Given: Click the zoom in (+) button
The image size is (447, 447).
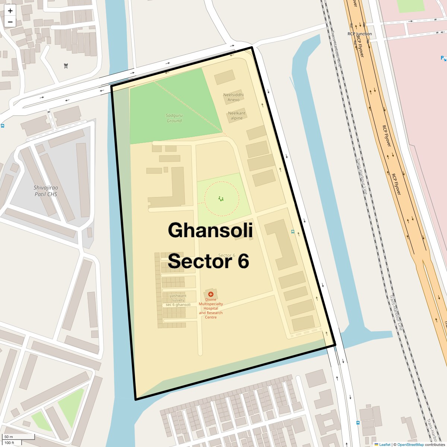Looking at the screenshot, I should pyautogui.click(x=10, y=11).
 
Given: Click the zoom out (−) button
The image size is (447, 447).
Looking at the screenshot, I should pyautogui.click(x=10, y=22).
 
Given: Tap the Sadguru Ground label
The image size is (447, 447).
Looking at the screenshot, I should pyautogui.click(x=174, y=118).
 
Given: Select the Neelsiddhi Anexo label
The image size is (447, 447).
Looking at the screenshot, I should pyautogui.click(x=234, y=97).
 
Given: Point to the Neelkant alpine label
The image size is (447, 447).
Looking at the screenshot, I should pyautogui.click(x=237, y=115).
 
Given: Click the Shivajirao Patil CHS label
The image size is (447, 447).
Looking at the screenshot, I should pyautogui.click(x=46, y=191).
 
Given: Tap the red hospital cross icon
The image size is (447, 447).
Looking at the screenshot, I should pyautogui.click(x=210, y=294).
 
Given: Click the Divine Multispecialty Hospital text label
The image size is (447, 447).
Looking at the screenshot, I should pyautogui.click(x=211, y=308).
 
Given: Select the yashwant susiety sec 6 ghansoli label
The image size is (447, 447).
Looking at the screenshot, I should pyautogui.click(x=178, y=300).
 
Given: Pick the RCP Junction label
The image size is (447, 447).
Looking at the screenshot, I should pyautogui.click(x=359, y=34).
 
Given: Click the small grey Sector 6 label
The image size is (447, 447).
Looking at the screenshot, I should pyautogui.click(x=226, y=255).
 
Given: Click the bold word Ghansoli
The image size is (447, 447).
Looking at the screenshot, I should pyautogui.click(x=210, y=230).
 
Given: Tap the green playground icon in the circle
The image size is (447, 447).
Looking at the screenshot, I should pyautogui.click(x=221, y=199).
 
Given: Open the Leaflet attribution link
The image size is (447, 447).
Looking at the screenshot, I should pyautogui.click(x=385, y=444).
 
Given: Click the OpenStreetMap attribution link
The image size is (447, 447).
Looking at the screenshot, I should pyautogui.click(x=410, y=444).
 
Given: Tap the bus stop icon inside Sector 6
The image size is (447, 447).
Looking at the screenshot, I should pyautogui.click(x=293, y=232).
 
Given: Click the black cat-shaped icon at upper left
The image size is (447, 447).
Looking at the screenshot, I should pyautogui.click(x=66, y=66).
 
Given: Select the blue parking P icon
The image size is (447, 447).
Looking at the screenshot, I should pyautogui.click(x=443, y=58).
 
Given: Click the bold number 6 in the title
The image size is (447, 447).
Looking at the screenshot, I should pyautogui.click(x=243, y=261).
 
